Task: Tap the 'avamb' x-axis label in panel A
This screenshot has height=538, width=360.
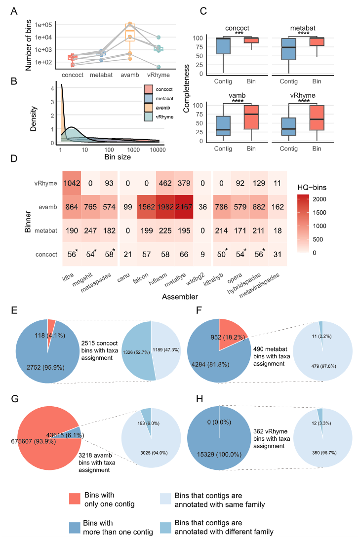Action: tap(130, 75)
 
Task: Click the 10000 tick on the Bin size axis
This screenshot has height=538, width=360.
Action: tap(158, 149)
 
